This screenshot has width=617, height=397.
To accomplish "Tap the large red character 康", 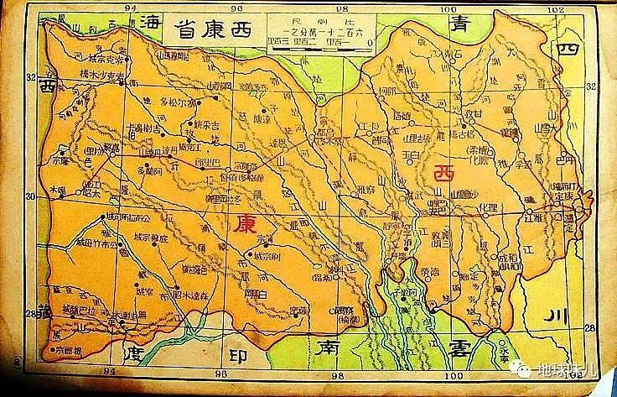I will [244, 223].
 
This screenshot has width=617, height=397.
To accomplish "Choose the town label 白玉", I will [411, 155].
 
